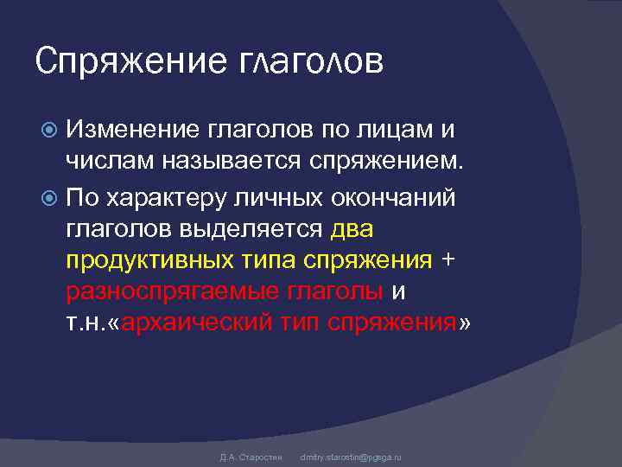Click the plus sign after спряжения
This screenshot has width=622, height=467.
tap(447, 258)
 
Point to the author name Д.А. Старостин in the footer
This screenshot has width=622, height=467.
tap(246, 456)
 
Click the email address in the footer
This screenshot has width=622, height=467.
tap(351, 456)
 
